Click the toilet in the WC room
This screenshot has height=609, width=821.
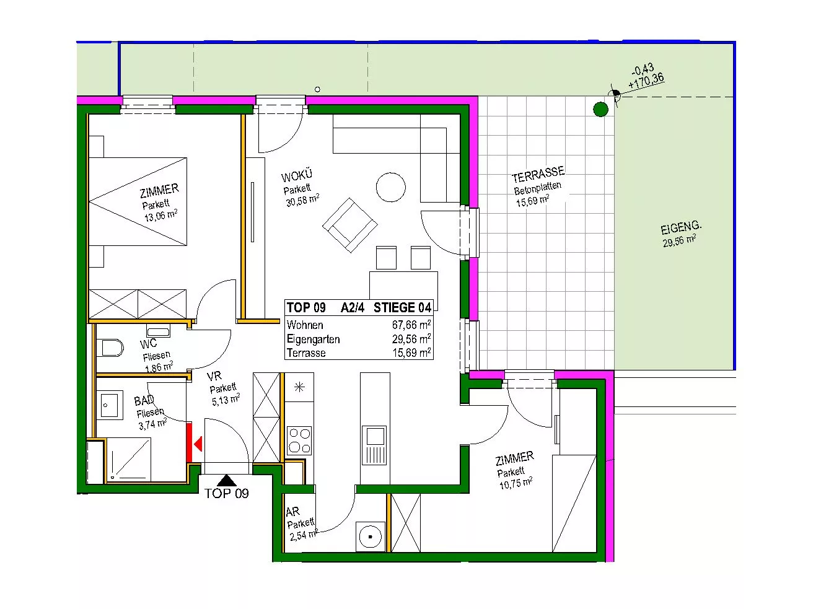coord(110,348)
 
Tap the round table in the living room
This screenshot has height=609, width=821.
coord(390,187)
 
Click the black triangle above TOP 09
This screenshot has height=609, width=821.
coord(227,481)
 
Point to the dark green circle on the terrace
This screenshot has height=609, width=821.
coord(600,109)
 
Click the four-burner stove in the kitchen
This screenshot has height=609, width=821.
coord(299,440)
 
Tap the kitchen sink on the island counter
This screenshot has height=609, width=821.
coord(375,445)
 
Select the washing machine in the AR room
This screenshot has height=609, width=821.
coord(370,537)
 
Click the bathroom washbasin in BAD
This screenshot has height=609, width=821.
coord(110,405)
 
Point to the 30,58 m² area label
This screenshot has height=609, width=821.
coord(302,200)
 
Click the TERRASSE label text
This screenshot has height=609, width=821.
coord(538,174)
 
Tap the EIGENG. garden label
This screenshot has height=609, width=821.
coord(681,227)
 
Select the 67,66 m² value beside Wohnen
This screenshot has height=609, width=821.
coord(411,325)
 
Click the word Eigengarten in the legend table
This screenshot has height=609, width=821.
coord(313,339)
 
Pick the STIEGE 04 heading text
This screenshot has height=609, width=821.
coord(402,308)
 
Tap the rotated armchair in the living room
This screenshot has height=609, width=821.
coord(350,225)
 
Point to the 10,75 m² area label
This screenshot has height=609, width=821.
coord(516,483)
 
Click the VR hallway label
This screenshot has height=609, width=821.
coord(214,377)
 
